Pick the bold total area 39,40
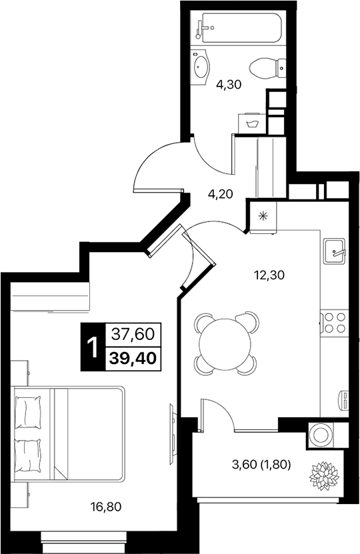tap(135, 358)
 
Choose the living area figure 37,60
tap(134, 333)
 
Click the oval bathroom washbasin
tap(201, 67)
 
